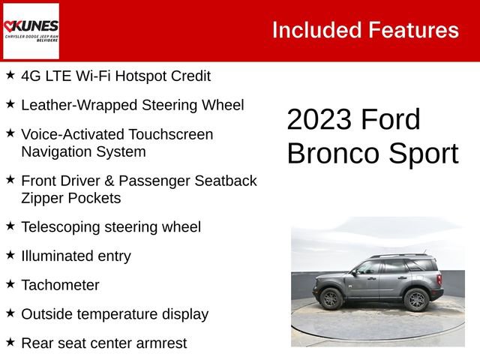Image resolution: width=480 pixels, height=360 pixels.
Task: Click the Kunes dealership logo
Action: click(x=31, y=31)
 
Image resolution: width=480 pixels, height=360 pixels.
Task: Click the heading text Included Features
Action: click(x=365, y=30)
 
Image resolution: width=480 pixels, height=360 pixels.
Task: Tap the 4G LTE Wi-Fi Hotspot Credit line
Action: click(x=115, y=76)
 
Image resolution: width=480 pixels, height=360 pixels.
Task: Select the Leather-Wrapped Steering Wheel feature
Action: click(x=133, y=105)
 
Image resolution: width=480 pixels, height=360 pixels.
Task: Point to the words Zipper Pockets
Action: click(x=70, y=198)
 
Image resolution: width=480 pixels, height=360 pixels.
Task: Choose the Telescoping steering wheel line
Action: click(x=111, y=226)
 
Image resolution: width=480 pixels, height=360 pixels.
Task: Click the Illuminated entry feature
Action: click(x=76, y=256)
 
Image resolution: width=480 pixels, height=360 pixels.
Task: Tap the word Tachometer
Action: click(x=60, y=285)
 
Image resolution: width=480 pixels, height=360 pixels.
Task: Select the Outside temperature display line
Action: click(x=115, y=314)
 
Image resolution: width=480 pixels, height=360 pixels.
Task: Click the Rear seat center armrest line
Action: click(x=103, y=343)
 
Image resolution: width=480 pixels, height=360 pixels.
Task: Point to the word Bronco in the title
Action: click(x=332, y=153)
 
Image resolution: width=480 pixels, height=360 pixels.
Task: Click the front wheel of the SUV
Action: click(x=331, y=298)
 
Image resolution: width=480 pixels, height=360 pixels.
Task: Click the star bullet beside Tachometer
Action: click(x=10, y=283)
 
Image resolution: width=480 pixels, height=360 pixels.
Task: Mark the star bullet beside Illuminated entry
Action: click(x=10, y=254)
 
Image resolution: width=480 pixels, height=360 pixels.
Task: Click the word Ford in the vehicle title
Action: click(x=390, y=120)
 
